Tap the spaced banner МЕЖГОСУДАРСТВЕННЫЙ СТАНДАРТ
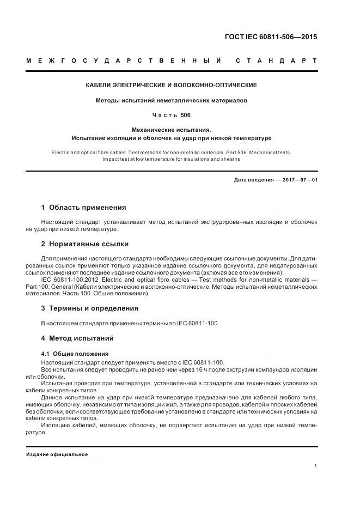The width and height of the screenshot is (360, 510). point(172,60)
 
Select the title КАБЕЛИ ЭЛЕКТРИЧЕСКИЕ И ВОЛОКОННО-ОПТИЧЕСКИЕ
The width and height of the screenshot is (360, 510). point(172,86)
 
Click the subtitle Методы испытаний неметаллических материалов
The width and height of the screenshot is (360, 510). point(172,101)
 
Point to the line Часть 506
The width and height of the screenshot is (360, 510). point(172,116)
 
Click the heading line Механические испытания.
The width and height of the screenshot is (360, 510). point(172,130)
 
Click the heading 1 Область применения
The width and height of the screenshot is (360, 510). point(83,208)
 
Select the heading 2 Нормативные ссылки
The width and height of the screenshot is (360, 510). point(85,244)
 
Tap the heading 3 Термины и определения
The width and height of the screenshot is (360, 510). point(90,308)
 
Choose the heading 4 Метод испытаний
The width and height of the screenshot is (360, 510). point(77,338)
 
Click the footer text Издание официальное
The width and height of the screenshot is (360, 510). point(57,454)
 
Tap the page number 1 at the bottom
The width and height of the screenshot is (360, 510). point(316,466)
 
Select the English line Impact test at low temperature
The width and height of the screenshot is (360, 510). point(172,159)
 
